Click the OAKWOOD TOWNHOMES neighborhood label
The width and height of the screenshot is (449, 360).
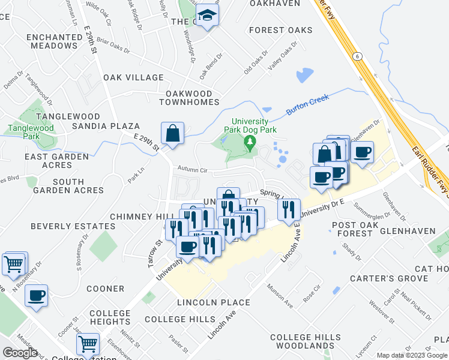click(x=189, y=98)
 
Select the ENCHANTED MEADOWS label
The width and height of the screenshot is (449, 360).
click(x=55, y=41)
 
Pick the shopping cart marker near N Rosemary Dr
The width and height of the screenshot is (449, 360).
click(x=14, y=263)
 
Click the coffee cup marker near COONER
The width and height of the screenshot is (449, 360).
click(x=36, y=295)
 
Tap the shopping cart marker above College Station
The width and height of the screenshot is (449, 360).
click(x=88, y=344)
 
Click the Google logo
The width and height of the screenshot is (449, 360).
click(x=20, y=352)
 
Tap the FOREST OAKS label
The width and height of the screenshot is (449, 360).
click(x=281, y=30)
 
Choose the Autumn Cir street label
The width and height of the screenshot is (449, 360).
click(x=191, y=170)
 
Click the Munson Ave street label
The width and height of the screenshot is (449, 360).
click(x=280, y=296)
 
